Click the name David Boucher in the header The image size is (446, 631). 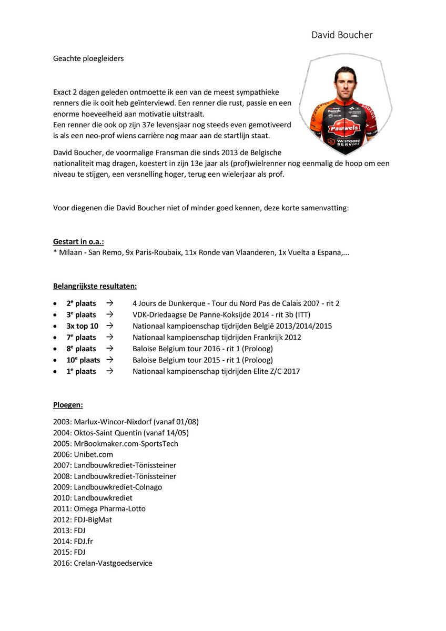342,35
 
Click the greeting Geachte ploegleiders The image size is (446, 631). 88,58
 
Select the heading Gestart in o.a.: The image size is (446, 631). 78,241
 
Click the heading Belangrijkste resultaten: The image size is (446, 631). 95,286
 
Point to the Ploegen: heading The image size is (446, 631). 68,405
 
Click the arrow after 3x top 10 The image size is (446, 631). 109,326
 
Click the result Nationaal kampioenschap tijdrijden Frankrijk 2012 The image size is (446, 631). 217,337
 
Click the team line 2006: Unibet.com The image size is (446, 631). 83,454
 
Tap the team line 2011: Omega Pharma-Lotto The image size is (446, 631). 99,508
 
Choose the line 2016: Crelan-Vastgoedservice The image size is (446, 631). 103,563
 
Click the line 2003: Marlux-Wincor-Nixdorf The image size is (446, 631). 126,422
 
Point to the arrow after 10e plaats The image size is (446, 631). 109,360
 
